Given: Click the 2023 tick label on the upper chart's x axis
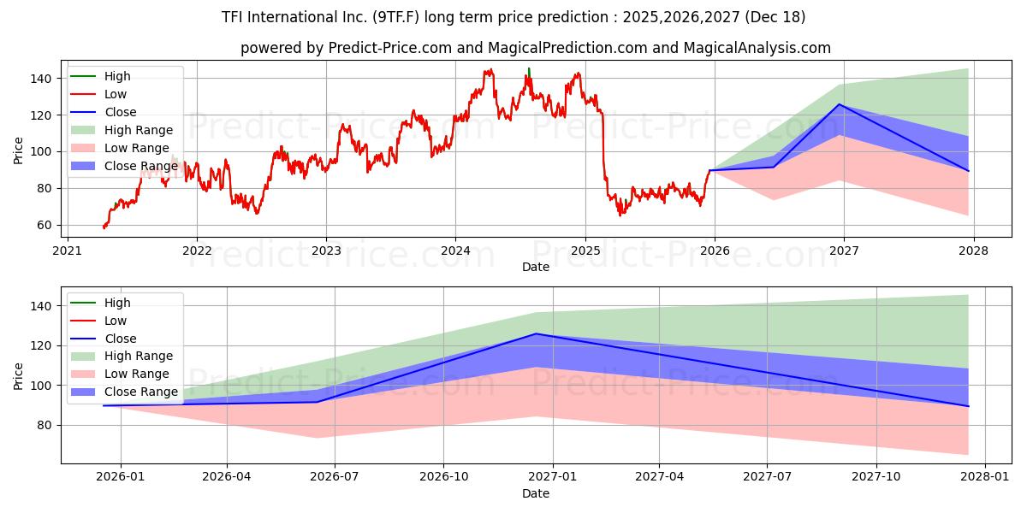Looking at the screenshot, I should pyautogui.click(x=326, y=251).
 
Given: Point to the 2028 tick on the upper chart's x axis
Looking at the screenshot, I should pyautogui.click(x=974, y=251).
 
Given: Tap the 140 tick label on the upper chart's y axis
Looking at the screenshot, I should pyautogui.click(x=43, y=79).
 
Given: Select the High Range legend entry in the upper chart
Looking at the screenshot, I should pyautogui.click(x=138, y=130).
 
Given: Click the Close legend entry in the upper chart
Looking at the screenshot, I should pyautogui.click(x=120, y=112).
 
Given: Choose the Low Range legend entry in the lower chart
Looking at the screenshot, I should pyautogui.click(x=136, y=374).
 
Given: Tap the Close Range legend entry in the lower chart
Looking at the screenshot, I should pyautogui.click(x=140, y=392).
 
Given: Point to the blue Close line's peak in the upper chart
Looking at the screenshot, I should pyautogui.click(x=840, y=104).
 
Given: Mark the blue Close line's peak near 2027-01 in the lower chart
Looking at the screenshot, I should pyautogui.click(x=536, y=333).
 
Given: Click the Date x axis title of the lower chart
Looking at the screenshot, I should pyautogui.click(x=536, y=493).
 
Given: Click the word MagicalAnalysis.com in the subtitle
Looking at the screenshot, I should pyautogui.click(x=757, y=48).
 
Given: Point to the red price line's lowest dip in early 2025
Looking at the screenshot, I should pyautogui.click(x=620, y=215).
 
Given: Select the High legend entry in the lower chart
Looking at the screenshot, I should pyautogui.click(x=116, y=303).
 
